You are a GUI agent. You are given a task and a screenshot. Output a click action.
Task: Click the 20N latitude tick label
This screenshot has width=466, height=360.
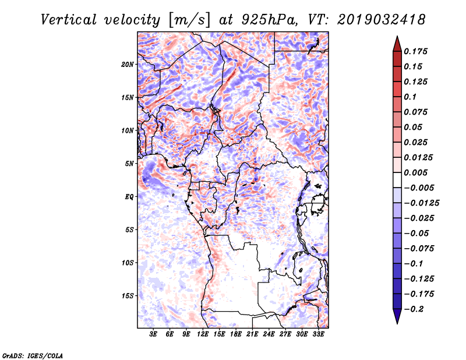click(128, 64)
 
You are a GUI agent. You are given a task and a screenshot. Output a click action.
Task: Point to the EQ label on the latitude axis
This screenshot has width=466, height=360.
click(129, 197)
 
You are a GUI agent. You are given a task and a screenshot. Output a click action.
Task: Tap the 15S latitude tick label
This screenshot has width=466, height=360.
click(128, 296)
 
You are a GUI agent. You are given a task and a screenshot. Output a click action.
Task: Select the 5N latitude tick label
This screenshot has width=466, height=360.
click(129, 164)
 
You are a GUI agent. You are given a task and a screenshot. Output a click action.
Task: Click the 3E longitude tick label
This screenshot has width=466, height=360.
click(153, 335)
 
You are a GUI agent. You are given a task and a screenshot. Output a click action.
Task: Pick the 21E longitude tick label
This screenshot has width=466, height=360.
click(252, 335)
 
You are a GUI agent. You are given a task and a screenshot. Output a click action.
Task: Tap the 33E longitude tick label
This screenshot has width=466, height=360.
click(318, 335)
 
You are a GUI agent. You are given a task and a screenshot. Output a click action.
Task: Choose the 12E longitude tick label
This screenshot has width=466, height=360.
click(203, 335)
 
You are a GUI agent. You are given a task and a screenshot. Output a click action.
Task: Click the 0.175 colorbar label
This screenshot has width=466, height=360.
click(416, 51)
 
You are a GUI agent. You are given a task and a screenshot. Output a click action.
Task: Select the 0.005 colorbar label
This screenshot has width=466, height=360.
click(416, 172)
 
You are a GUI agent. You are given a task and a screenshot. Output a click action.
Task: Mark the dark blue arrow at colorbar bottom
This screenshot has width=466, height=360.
click(396, 317)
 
